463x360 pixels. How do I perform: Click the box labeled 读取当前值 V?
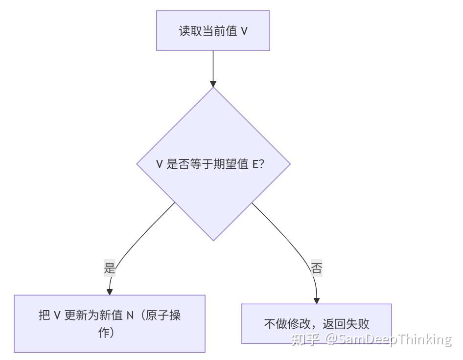coord(213,31)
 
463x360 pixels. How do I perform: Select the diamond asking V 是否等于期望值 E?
coord(213,164)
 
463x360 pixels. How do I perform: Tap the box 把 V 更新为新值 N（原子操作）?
coord(109,323)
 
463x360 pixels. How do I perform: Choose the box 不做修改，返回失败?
coord(316,324)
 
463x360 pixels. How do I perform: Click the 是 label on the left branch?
coord(110,268)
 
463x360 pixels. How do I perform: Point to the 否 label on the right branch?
coord(317,268)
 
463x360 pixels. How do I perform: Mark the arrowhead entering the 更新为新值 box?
coord(110,291)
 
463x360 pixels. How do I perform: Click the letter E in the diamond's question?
coord(255,164)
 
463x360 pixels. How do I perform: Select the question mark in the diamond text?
coord(261,164)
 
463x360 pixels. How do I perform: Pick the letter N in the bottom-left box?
coord(130,315)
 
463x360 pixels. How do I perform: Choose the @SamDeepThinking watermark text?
coord(388,339)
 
